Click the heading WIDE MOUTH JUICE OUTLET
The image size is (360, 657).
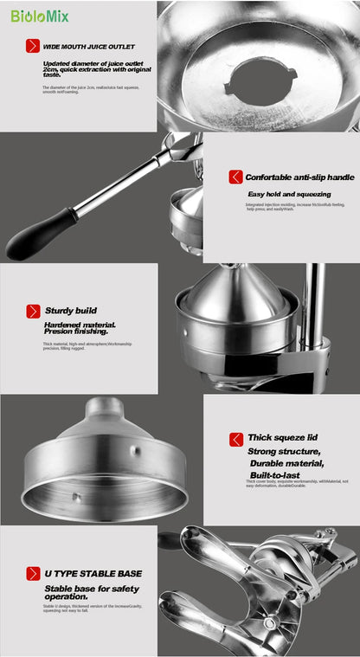[x=88, y=47]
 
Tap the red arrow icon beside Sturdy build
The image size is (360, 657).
[x=33, y=311]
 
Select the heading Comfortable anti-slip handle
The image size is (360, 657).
[x=299, y=177]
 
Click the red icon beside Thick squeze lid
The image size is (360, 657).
[x=235, y=439]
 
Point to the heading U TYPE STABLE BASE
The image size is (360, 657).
[x=93, y=573]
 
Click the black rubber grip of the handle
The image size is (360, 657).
[x=40, y=235]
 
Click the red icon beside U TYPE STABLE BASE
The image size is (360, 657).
[x=33, y=573]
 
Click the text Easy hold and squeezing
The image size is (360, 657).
[x=289, y=195]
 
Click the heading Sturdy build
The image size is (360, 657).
[x=70, y=311]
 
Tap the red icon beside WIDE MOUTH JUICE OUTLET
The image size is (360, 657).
[x=33, y=47]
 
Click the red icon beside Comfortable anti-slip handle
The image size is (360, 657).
[x=235, y=177]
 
